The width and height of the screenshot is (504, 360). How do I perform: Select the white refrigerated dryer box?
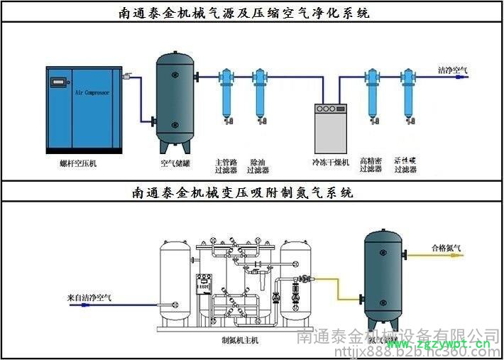pyautogui.click(x=332, y=129)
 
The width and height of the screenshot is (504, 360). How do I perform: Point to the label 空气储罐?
pyautogui.click(x=175, y=163)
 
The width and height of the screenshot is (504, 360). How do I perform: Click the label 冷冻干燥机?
pyautogui.click(x=332, y=163)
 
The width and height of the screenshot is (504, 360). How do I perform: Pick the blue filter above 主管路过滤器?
pyautogui.click(x=225, y=92)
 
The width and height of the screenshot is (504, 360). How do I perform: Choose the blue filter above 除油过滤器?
pyautogui.click(x=258, y=92)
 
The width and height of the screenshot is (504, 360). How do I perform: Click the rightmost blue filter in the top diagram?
pyautogui.click(x=407, y=92)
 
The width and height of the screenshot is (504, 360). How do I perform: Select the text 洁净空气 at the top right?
pyautogui.click(x=452, y=70)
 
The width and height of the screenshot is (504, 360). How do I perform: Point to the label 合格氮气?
pyautogui.click(x=446, y=248)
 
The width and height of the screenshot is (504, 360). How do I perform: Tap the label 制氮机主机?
pyautogui.click(x=241, y=341)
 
